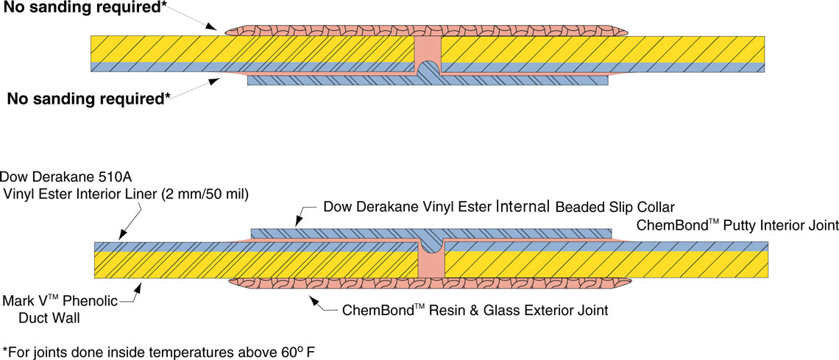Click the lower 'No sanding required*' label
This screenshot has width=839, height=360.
coord(88,98)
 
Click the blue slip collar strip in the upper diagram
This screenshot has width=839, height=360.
coord(331,80)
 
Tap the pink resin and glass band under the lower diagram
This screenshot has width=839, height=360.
coord(331,283)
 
